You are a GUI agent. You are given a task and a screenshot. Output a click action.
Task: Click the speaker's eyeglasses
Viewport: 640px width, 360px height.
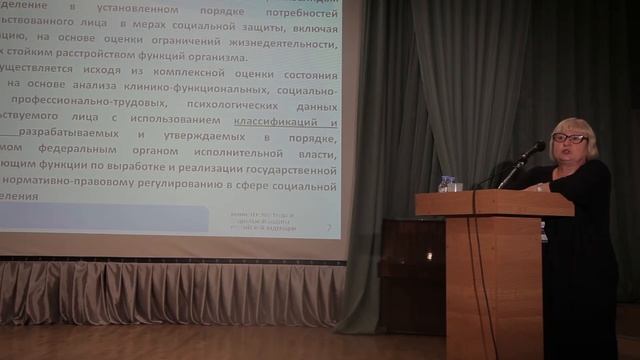[570, 138]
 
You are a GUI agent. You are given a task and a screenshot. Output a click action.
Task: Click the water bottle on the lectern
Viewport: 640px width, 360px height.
[447, 184]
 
